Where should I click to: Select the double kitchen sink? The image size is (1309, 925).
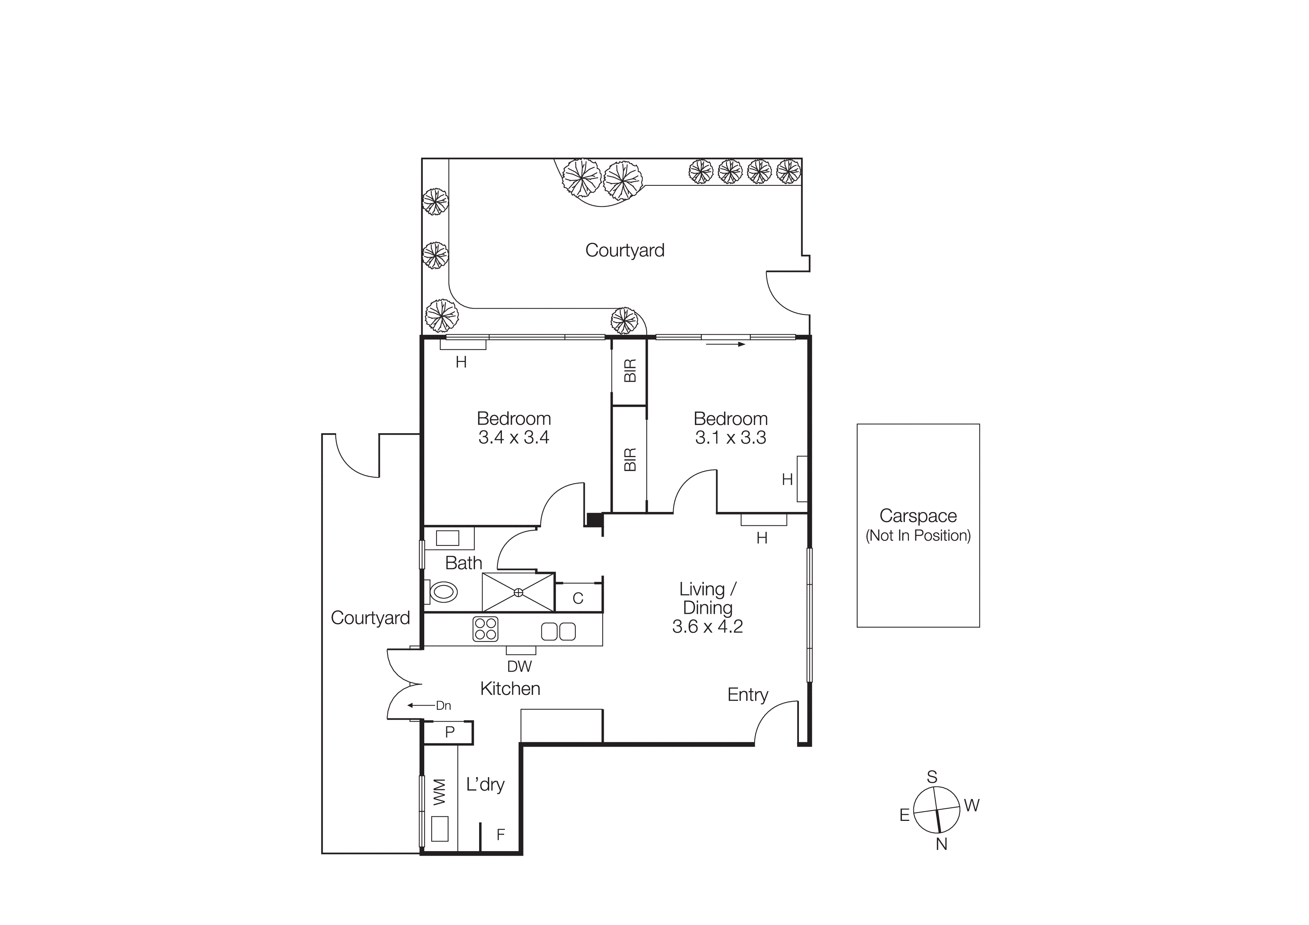click(x=558, y=631)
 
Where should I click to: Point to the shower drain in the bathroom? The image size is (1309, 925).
click(x=518, y=593)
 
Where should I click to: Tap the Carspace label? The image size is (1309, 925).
click(x=918, y=515)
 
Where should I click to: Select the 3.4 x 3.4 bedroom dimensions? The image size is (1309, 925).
click(x=514, y=438)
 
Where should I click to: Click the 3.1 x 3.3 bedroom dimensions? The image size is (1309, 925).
click(x=730, y=438)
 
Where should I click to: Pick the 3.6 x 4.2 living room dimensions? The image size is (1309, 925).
click(x=707, y=626)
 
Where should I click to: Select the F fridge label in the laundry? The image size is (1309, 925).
click(x=500, y=835)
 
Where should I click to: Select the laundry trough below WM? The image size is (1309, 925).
click(x=440, y=829)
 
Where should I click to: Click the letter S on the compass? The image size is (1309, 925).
click(x=932, y=777)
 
